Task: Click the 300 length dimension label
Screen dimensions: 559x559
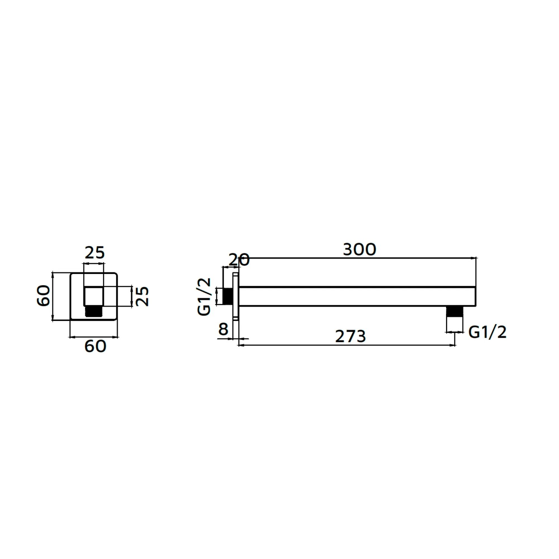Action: (359, 250)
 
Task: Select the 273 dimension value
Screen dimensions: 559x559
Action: (350, 337)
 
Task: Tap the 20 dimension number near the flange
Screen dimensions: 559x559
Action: (239, 260)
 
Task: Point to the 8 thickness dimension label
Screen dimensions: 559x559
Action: (223, 329)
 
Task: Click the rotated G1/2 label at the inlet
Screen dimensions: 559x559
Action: (204, 297)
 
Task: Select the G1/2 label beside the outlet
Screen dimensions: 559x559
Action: (487, 332)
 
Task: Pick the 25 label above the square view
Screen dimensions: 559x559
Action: (95, 253)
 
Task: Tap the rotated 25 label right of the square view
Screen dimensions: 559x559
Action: (142, 296)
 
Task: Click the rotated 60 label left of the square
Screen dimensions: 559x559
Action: (44, 296)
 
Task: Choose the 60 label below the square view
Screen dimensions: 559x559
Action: (95, 347)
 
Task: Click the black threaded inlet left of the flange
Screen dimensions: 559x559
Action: (227, 296)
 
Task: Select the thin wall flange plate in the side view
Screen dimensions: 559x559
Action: (235, 296)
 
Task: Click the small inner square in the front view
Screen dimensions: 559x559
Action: (94, 296)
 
